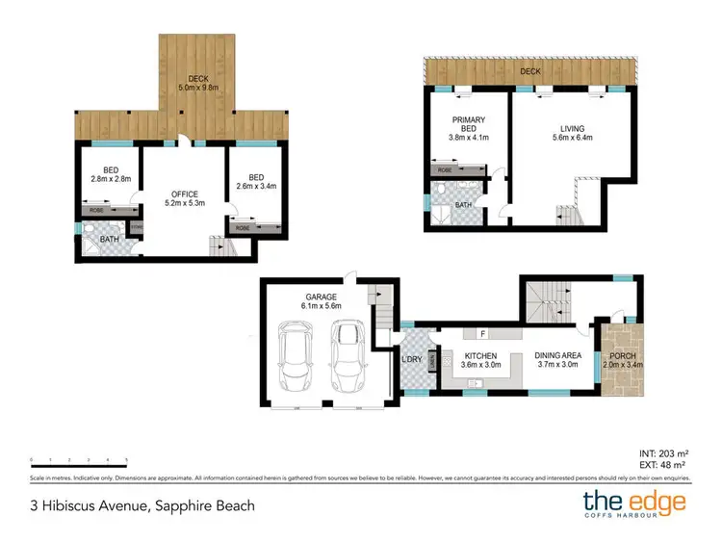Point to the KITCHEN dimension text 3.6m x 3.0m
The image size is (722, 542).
tap(478, 366)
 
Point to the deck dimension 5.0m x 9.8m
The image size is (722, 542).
tap(198, 89)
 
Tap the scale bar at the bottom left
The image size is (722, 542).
tap(79, 460)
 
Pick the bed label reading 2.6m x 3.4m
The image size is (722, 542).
tap(255, 187)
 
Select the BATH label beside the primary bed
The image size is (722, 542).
tap(463, 205)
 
